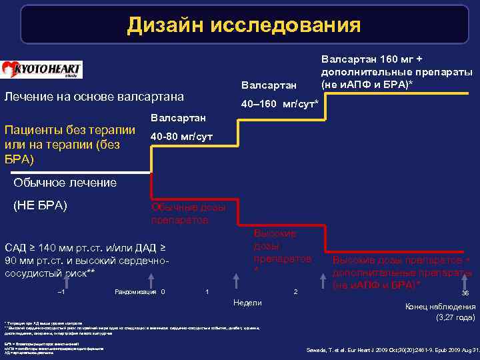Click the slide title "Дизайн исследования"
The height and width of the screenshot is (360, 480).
pos(244,25)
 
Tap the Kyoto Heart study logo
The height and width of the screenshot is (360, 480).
pos(41,70)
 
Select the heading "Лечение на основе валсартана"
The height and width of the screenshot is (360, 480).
pos(95,97)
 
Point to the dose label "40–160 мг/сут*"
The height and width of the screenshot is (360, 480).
pos(279,105)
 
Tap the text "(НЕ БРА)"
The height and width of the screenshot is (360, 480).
pos(41,205)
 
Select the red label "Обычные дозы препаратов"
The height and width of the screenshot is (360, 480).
pos(188,213)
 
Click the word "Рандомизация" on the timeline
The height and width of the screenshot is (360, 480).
pos(135,291)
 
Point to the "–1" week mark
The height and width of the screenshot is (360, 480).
pos(61,291)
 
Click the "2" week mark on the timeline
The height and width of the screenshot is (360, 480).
pos(295,292)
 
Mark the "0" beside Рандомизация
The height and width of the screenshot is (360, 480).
pos(163,291)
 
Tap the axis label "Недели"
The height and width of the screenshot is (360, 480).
pos(248,303)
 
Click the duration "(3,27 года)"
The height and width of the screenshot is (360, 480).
pos(455,317)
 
